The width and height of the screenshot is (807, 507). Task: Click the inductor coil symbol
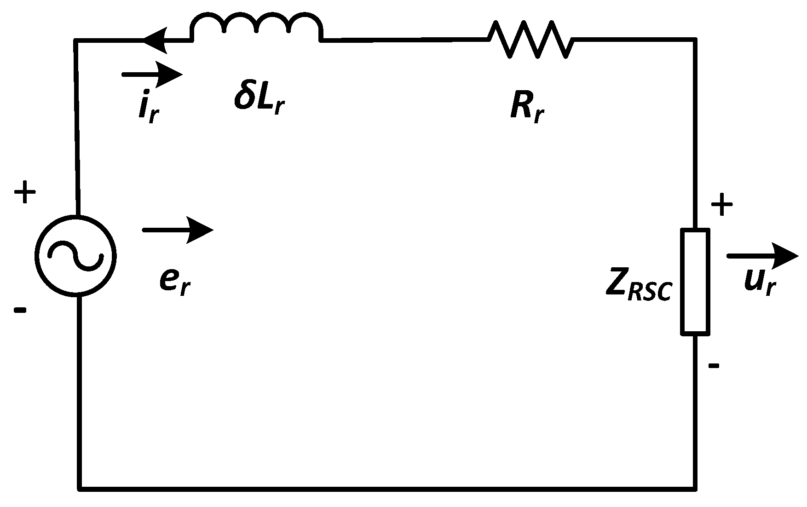click(256, 28)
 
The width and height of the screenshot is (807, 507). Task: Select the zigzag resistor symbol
click(530, 40)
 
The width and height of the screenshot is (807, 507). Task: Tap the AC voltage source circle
click(76, 255)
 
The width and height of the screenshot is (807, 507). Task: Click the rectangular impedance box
click(695, 281)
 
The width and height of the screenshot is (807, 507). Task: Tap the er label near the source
click(175, 281)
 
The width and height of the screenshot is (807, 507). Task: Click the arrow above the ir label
click(152, 75)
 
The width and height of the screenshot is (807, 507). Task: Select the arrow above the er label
click(178, 230)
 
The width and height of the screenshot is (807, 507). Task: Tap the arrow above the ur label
click(762, 256)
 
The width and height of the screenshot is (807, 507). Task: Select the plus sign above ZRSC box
click(722, 205)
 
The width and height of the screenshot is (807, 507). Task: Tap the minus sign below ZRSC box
click(714, 366)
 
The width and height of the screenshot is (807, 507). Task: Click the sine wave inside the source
click(76, 255)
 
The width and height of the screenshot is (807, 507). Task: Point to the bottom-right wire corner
click(695, 488)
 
